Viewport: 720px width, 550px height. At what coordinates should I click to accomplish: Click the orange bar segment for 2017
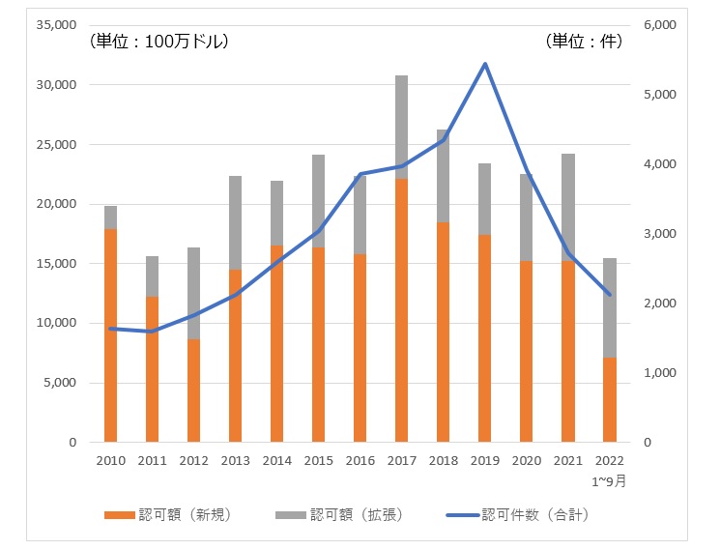401,309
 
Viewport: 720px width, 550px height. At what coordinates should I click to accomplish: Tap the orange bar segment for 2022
610,399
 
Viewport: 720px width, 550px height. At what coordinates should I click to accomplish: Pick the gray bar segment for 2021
568,207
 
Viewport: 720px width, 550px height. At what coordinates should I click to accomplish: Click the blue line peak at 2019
484,65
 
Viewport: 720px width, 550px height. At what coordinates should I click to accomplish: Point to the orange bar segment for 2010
110,334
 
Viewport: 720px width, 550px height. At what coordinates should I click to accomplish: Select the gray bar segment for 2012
193,293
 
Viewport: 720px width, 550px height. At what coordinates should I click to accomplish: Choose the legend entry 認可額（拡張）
341,515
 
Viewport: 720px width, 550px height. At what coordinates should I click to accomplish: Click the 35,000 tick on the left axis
57,25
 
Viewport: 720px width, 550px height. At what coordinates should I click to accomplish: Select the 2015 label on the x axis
318,460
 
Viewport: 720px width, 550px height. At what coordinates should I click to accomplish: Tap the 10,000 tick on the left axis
57,323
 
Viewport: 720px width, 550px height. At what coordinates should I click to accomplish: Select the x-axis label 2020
526,460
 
